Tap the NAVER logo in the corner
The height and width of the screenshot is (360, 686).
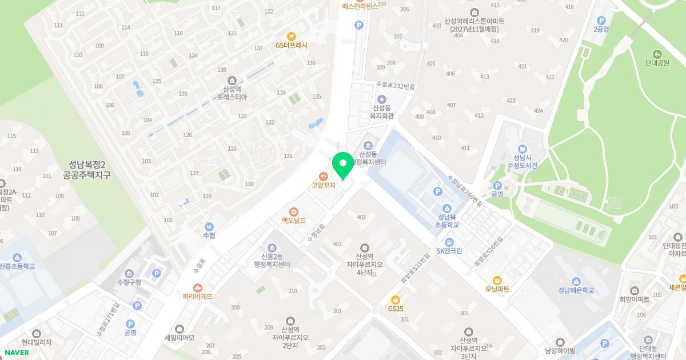pyautogui.click(x=17, y=352)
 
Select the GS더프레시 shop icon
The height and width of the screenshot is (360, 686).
pyautogui.click(x=292, y=36)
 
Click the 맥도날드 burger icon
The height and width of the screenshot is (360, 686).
pyautogui.click(x=294, y=211)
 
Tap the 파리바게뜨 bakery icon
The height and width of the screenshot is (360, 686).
pyautogui.click(x=198, y=287)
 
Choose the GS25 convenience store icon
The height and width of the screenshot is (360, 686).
pyautogui.click(x=395, y=299)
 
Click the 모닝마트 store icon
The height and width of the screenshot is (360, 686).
pyautogui.click(x=497, y=280)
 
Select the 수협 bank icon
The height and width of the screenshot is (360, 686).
pyautogui.click(x=209, y=226)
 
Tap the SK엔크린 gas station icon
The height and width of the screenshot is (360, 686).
pyautogui.click(x=449, y=242)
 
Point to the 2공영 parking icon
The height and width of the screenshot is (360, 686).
pyautogui.click(x=601, y=19)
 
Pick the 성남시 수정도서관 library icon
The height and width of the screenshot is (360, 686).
pyautogui.click(x=520, y=148)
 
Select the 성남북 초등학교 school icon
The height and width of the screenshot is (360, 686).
pyautogui.click(x=448, y=209)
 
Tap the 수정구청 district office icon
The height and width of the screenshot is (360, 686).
pyautogui.click(x=129, y=273)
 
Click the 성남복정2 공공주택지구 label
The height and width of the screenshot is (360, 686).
pyautogui.click(x=87, y=170)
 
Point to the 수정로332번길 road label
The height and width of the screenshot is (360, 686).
pyautogui.click(x=395, y=85)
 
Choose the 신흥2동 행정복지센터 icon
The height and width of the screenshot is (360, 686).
pyautogui.click(x=272, y=247)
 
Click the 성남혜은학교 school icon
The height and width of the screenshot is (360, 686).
pyautogui.click(x=576, y=281)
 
